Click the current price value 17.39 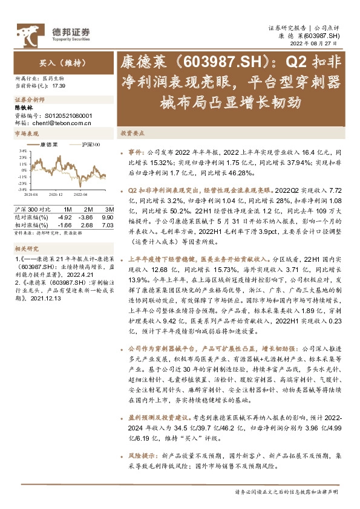point(59,86)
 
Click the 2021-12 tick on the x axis point(56,195)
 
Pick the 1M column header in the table point(67,209)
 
